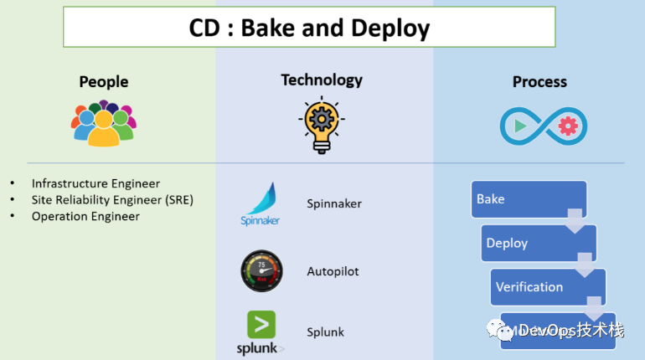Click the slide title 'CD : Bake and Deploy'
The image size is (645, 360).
308,28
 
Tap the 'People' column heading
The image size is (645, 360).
104,81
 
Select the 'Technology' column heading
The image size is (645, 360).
322,80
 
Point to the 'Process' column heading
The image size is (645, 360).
539,81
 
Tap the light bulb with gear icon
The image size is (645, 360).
322,125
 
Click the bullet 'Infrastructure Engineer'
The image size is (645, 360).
95,183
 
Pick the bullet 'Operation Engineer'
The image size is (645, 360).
85,216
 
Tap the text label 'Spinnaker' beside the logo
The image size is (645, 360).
334,203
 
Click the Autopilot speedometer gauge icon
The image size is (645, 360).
261,270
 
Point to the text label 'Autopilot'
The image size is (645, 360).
333,271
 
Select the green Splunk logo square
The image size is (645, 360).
261,324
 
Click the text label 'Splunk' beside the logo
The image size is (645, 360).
325,332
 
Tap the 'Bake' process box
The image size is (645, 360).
528,199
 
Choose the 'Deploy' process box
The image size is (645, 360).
538,243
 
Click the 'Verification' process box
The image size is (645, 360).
547,286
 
